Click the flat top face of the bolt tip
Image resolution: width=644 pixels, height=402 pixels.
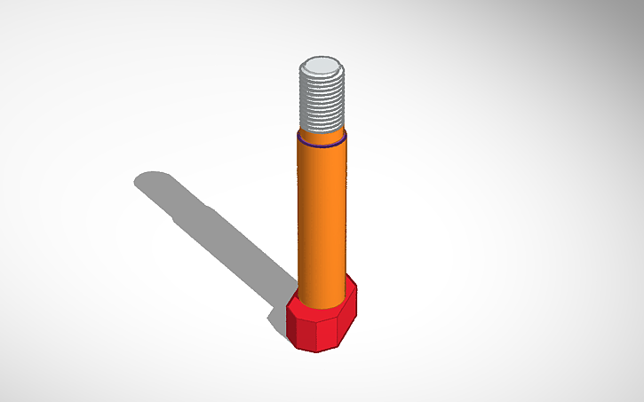click(x=322, y=67)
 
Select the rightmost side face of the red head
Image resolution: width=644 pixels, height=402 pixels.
click(x=350, y=316)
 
